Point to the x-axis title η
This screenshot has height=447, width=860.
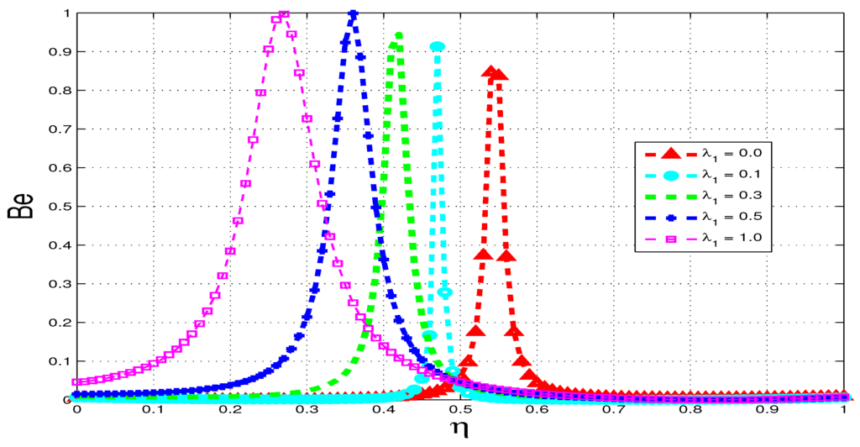coord(458,431)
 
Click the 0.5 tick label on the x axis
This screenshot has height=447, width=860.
coord(459,412)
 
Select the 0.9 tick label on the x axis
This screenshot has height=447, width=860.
coord(767,412)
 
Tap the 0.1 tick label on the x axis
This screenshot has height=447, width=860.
coord(152,412)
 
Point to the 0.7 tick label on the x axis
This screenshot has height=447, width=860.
coord(613,412)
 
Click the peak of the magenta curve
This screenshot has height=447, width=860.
coord(284,14)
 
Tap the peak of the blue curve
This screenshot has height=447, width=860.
coord(353,14)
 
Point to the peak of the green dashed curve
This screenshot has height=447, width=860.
coord(398,35)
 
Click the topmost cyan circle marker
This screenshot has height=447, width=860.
coord(437,47)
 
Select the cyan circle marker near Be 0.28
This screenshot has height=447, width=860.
coord(445,292)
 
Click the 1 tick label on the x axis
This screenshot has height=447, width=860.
coord(843,412)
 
